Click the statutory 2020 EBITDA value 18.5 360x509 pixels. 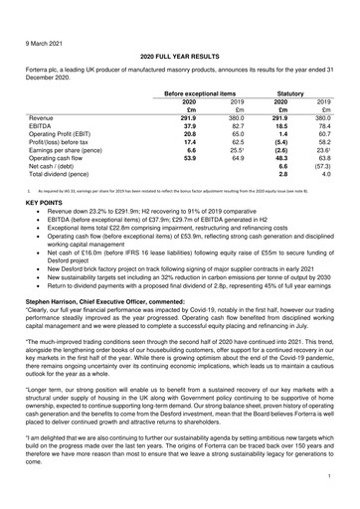click(281, 125)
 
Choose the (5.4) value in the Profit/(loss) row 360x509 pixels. click(280, 144)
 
